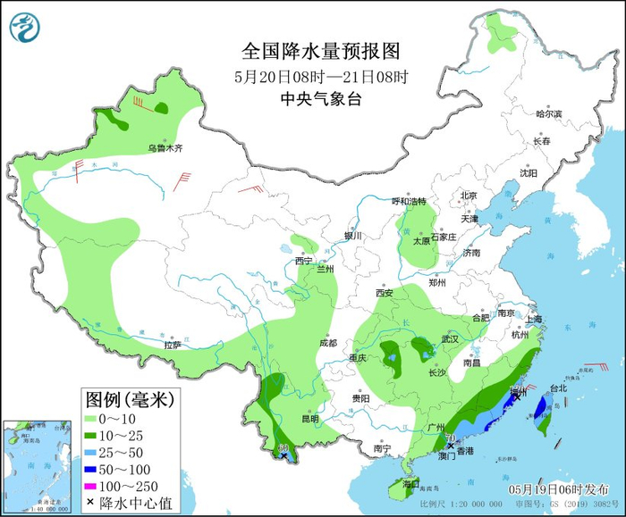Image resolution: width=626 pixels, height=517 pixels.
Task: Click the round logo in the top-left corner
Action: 26,27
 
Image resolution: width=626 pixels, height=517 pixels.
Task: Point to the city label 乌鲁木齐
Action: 165,148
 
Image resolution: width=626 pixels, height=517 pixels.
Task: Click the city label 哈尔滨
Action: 548,114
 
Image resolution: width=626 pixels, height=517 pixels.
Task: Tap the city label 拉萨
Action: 173,345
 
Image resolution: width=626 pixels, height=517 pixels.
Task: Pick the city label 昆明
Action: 309,418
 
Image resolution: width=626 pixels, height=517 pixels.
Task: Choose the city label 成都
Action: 327,343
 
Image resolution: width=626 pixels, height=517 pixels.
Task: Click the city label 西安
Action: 385,293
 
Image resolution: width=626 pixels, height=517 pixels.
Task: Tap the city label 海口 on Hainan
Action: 410,483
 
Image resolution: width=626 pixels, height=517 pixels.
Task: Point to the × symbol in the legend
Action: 90,501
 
